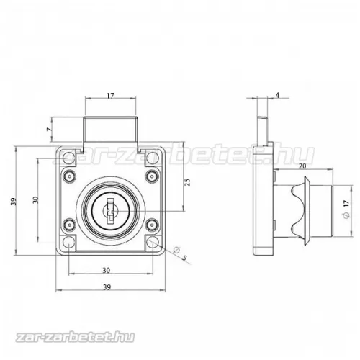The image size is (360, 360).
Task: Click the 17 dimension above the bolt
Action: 110,96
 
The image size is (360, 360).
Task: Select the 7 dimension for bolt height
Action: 49,129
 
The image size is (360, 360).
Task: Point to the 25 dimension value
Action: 188,182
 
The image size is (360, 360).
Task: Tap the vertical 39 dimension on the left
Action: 14,201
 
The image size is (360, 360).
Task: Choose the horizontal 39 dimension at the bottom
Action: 107,287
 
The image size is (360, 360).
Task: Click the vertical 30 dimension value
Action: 35,199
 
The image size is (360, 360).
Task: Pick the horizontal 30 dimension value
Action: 106,271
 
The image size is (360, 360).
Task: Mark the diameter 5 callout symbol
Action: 176,250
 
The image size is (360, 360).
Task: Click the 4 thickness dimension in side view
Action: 277,95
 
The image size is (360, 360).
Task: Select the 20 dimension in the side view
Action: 303,166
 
